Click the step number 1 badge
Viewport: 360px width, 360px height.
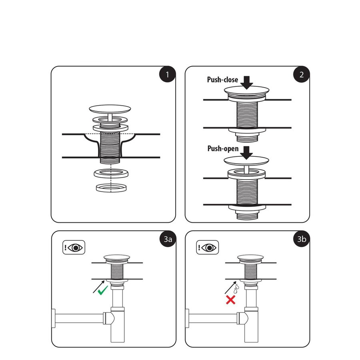(x=167, y=75)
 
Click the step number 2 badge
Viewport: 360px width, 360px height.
(x=301, y=75)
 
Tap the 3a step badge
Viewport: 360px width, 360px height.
(x=167, y=239)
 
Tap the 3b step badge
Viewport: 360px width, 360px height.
(x=301, y=239)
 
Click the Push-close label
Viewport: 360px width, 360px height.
(x=222, y=80)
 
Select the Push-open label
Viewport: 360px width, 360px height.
(x=223, y=149)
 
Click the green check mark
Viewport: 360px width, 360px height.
(x=103, y=290)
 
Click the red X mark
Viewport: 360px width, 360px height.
(x=231, y=300)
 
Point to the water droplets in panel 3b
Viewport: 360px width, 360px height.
(x=237, y=286)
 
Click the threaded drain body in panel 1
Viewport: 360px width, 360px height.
(x=110, y=146)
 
